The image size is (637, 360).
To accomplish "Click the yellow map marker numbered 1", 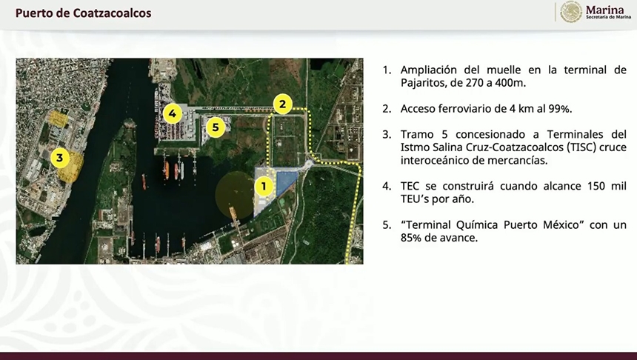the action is coord(264,187).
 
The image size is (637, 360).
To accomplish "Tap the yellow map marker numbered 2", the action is coord(283,104).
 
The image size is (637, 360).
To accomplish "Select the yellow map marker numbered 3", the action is coord(60,158).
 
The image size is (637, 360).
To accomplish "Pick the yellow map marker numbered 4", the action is coord(173,113).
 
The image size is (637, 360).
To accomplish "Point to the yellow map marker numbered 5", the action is coord(216,127).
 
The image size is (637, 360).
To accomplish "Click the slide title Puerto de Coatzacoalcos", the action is coord(83,13).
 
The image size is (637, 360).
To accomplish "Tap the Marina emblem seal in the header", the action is coord(571,12).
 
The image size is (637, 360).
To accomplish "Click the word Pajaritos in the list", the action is coord(420,83).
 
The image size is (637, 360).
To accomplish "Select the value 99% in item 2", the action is coord(559,109).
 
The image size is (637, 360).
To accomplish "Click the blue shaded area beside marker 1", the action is coord(287,182).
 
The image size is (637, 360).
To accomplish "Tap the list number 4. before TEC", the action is coord(387,186).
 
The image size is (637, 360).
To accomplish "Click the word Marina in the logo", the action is coord(605,10).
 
